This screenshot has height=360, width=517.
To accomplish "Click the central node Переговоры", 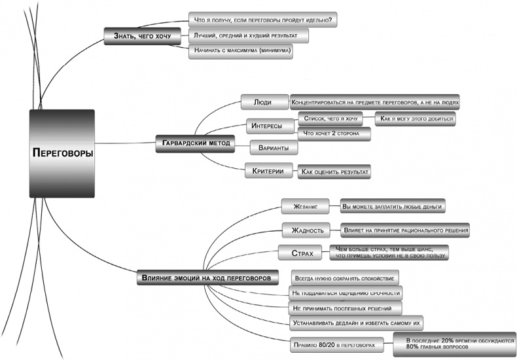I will (62, 153).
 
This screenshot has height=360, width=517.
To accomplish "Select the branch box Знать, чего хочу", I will (141, 37).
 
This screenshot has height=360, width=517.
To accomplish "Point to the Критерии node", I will (268, 171).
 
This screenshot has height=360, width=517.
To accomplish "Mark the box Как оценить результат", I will (334, 171).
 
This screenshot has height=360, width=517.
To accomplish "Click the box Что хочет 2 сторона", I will (334, 134).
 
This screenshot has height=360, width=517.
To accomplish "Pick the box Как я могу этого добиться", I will (415, 118).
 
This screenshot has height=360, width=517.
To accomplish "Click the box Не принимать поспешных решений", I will (344, 308).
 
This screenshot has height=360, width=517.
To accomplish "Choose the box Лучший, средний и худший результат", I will (248, 35).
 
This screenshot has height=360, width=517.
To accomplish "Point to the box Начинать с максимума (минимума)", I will (240, 51).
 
